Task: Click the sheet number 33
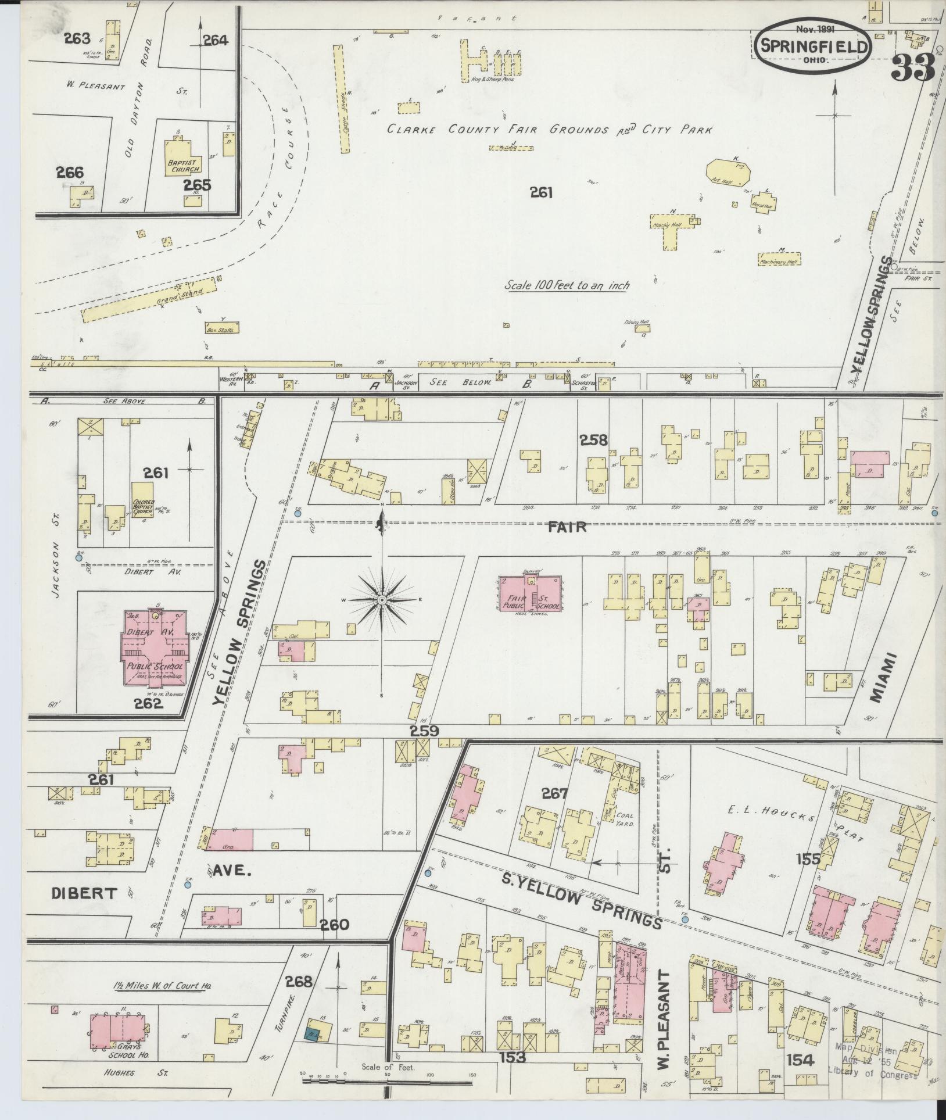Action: [912, 69]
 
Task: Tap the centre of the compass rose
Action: [382, 599]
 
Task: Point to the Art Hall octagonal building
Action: [728, 173]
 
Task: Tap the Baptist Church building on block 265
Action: [183, 154]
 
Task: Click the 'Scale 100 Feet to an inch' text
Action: [567, 285]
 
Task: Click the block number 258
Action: [594, 440]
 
